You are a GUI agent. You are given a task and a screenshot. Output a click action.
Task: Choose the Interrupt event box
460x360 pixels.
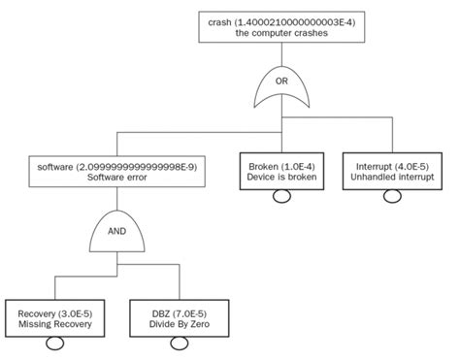[x=392, y=172]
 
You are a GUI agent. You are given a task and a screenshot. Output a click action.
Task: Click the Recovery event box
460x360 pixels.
[x=55, y=318]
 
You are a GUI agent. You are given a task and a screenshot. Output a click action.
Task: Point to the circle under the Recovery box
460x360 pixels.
[x=55, y=345]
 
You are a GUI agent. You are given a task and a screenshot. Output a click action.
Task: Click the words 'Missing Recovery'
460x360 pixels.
[x=55, y=325]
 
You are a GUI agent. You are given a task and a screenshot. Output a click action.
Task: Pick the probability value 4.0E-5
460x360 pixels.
[x=410, y=165]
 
